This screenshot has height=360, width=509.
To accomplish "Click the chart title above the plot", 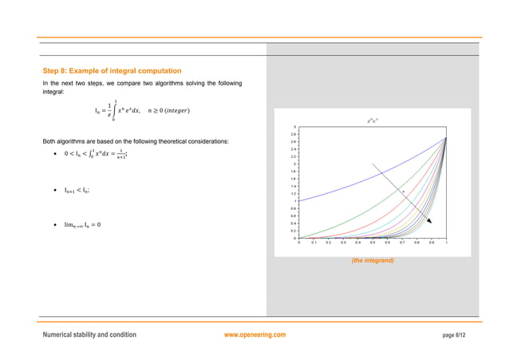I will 372,121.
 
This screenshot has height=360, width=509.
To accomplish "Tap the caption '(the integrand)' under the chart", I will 372,260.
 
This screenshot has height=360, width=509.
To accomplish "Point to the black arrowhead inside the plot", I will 428,220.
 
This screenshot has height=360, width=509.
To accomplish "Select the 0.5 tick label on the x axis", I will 373,242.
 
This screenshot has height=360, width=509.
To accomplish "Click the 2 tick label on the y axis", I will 294,164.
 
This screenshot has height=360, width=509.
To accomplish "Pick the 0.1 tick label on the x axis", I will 314,242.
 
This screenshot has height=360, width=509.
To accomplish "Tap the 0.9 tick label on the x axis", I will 431,242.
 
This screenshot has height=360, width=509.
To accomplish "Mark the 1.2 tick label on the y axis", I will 293,193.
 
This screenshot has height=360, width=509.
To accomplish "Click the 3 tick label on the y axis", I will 294,127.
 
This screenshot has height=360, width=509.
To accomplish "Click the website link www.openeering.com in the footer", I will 255,334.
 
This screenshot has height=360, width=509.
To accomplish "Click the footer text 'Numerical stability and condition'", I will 89,334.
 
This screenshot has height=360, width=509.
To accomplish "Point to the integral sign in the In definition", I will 114,110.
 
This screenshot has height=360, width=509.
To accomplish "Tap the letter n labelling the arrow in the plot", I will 404,192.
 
